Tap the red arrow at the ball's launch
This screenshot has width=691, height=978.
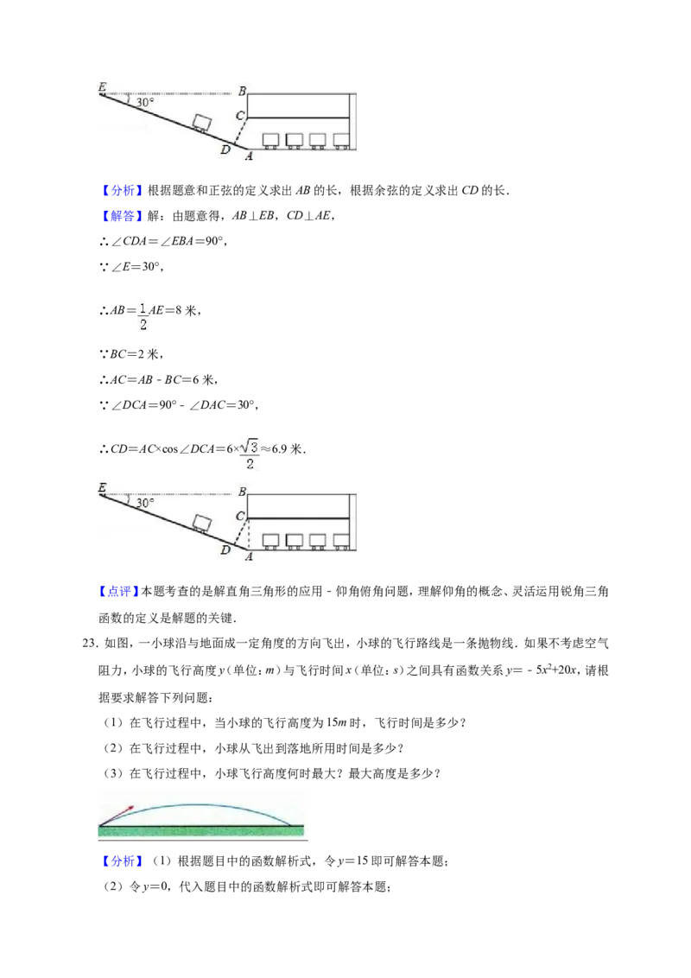[117, 816]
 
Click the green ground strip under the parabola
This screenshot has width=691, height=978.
[201, 831]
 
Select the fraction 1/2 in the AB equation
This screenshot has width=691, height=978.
[143, 315]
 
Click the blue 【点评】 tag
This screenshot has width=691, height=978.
[119, 591]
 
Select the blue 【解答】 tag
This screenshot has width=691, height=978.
[119, 216]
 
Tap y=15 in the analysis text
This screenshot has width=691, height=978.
[353, 861]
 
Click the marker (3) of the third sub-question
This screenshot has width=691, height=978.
[113, 773]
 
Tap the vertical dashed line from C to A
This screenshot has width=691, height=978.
[248, 533]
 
